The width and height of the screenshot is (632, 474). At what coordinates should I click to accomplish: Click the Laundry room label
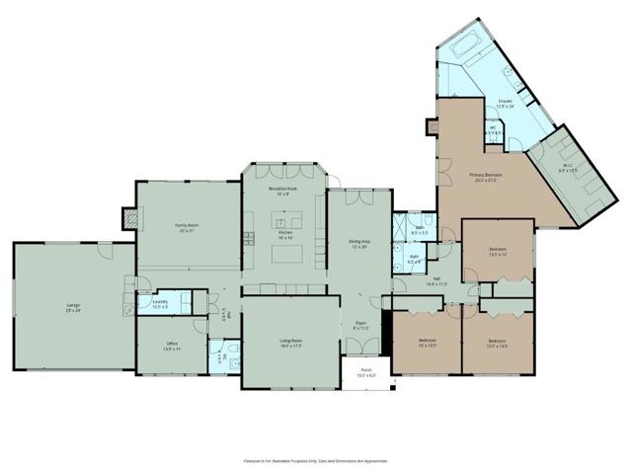[160, 305]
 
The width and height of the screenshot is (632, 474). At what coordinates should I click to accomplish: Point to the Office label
[172, 346]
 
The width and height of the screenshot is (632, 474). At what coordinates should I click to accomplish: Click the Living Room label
[289, 343]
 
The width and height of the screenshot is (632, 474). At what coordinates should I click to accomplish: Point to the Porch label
[365, 373]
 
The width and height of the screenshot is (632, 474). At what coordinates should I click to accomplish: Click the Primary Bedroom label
[486, 178]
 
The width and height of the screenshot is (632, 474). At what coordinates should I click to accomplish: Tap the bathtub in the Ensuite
[464, 46]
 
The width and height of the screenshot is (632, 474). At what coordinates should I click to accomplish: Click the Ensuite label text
[505, 104]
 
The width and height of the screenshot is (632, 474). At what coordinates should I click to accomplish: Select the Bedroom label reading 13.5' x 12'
[498, 252]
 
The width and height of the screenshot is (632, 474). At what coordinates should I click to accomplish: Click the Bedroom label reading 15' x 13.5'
[426, 343]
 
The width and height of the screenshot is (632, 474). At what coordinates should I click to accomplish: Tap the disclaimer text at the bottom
[316, 460]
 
